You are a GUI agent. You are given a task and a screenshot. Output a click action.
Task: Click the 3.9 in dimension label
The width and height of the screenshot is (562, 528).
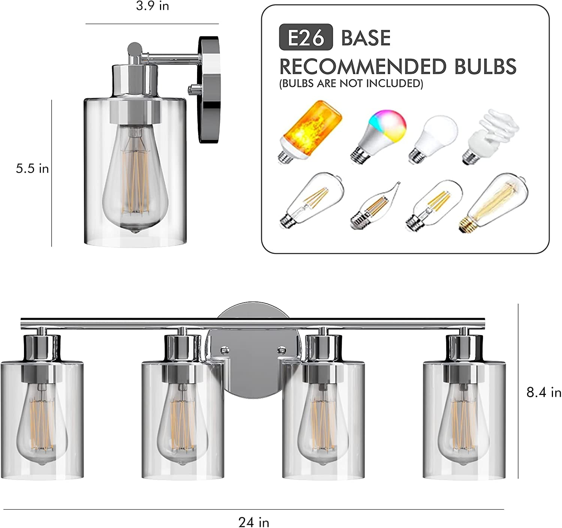pos(152,6)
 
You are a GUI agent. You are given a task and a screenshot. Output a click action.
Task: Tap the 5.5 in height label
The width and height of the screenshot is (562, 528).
pos(32,169)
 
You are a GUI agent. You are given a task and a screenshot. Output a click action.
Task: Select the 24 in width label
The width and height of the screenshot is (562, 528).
pos(254,522)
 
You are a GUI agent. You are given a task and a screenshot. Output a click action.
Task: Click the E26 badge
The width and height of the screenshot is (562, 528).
pos(306,37)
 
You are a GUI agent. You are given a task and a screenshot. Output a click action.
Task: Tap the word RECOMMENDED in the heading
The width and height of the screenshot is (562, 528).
pos(363,67)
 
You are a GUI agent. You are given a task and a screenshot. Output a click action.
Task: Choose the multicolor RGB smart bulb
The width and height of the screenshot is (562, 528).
pos(378,136)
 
